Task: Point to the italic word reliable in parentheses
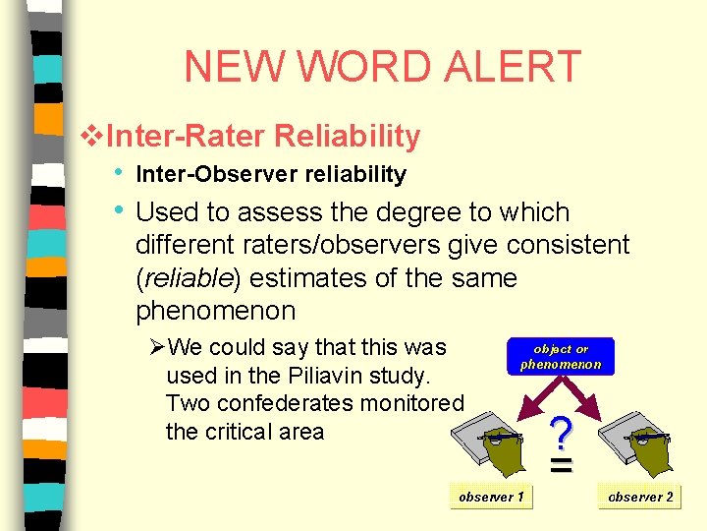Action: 190,278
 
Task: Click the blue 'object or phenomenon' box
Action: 560,356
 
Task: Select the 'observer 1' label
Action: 491,497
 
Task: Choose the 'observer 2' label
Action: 640,497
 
